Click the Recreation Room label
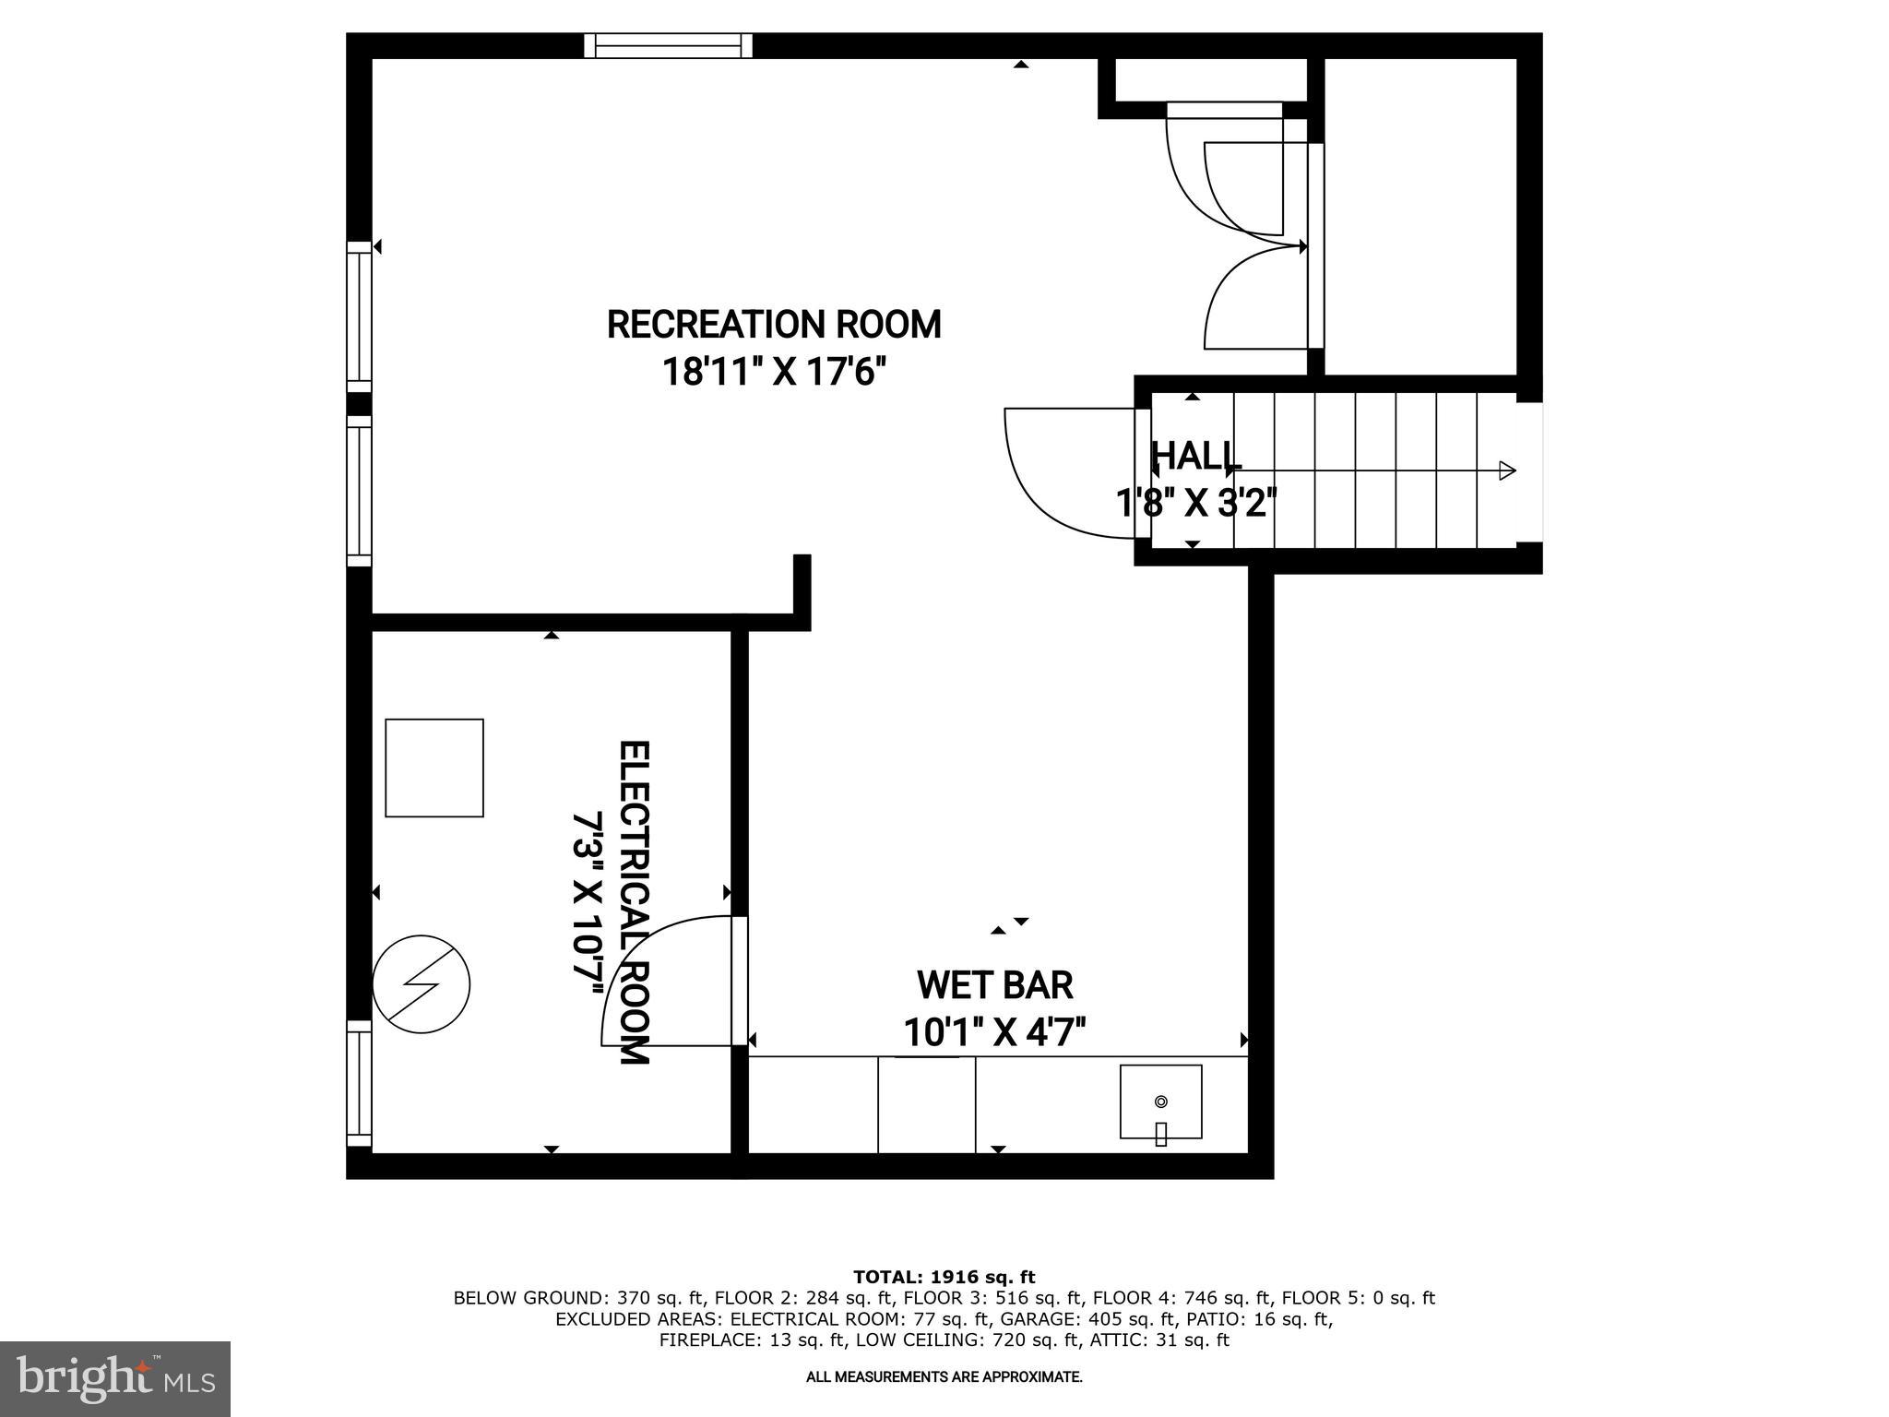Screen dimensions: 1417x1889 pyautogui.click(x=774, y=325)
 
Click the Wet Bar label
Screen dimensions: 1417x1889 pyautogui.click(x=995, y=985)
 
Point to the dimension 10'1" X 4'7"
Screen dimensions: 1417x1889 pyautogui.click(x=995, y=1032)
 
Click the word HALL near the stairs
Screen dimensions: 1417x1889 pyautogui.click(x=1196, y=456)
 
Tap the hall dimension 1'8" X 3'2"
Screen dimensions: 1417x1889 pyautogui.click(x=1196, y=504)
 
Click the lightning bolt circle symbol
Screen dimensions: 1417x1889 pyautogui.click(x=422, y=984)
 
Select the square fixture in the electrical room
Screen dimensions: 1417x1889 pyautogui.click(x=434, y=768)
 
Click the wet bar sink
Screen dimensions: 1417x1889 pyautogui.click(x=1160, y=1102)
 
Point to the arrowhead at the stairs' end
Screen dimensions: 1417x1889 pyautogui.click(x=1507, y=470)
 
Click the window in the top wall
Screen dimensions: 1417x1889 pyautogui.click(x=669, y=45)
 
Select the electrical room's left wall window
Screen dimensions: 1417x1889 pyautogui.click(x=359, y=1083)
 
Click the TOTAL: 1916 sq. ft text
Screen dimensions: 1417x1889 pyautogui.click(x=944, y=1278)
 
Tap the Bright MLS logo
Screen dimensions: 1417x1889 pyautogui.click(x=115, y=1378)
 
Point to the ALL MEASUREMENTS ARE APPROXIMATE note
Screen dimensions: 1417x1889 pyautogui.click(x=944, y=1377)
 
